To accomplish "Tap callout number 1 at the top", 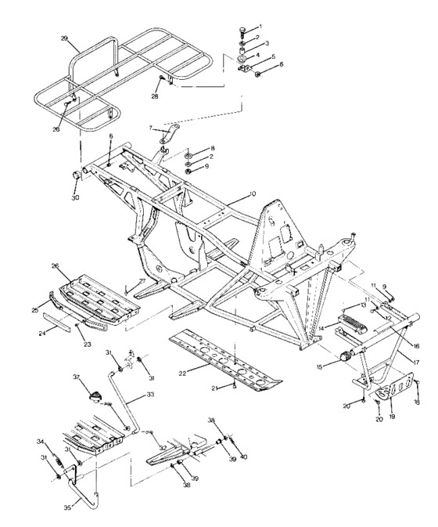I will pos(260,27).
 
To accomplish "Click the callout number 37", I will pos(77,377).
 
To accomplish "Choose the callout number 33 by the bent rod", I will pos(150,395).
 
